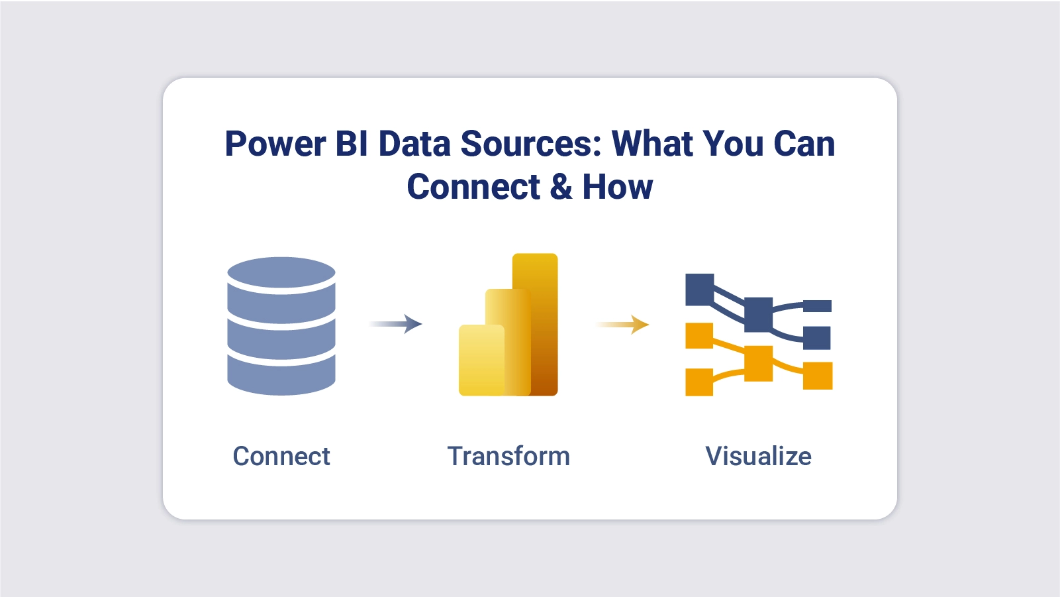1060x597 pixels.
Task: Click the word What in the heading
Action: point(652,144)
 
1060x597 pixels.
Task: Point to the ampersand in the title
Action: point(561,188)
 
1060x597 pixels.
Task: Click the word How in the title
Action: point(617,188)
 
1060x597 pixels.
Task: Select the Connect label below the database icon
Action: point(281,457)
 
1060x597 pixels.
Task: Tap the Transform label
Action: point(508,457)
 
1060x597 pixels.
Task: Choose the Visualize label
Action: point(758,457)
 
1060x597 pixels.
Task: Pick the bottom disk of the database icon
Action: point(281,376)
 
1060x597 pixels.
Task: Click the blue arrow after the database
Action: point(396,324)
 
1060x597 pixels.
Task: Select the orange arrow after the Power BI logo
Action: point(623,325)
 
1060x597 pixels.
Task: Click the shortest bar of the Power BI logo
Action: point(480,361)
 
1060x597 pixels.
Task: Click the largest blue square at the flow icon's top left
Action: point(699,290)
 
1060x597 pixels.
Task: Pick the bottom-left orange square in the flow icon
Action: point(699,382)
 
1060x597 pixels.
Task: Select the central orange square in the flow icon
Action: point(758,363)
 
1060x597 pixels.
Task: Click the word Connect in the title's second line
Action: point(473,188)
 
